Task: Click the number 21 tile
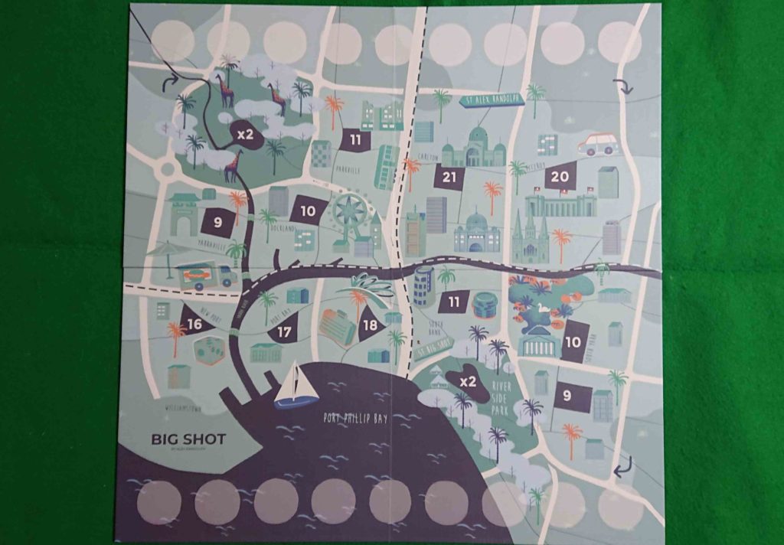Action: tap(449, 178)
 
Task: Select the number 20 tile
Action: tap(560, 176)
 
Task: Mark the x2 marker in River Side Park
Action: tap(467, 380)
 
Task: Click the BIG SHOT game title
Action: tap(188, 439)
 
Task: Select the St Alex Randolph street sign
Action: tap(491, 100)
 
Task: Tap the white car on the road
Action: tap(598, 144)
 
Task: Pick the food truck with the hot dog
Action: tap(204, 276)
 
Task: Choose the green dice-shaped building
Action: tap(208, 351)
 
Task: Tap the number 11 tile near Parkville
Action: tap(355, 140)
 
